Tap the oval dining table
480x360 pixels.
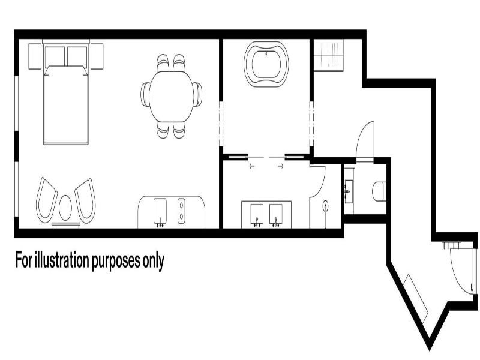pos(171,97)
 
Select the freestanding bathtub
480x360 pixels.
pos(266,64)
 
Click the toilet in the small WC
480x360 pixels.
pos(379,191)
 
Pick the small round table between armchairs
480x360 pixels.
pos(65,208)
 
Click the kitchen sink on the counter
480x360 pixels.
pos(160,212)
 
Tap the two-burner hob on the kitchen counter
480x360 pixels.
pos(182,211)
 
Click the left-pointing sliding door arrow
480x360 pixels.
pos(252,166)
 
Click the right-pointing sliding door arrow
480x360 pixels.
pos(281,166)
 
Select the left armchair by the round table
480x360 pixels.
pos(46,200)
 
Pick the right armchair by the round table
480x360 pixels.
pos(85,200)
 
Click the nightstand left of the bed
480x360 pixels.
pos(35,56)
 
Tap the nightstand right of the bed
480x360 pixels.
pos(97,56)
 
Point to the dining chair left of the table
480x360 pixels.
pos(145,95)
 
